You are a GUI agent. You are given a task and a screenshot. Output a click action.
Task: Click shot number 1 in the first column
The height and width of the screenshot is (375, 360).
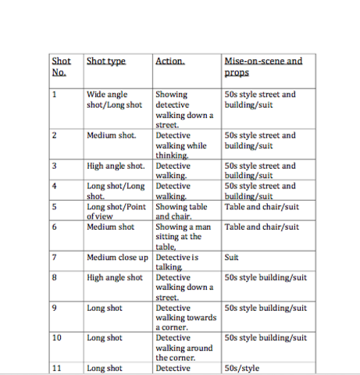pyautogui.click(x=54, y=95)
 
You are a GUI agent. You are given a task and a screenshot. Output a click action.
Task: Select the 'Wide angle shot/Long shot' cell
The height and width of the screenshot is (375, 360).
pyautogui.click(x=114, y=99)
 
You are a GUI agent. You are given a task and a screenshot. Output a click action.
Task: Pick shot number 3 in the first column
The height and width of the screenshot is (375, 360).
pyautogui.click(x=54, y=166)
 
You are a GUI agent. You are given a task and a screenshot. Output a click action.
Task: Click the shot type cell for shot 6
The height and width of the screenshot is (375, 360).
pyautogui.click(x=110, y=227)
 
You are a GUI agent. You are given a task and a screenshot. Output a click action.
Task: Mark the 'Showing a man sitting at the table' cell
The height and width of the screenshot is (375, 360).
pyautogui.click(x=178, y=237)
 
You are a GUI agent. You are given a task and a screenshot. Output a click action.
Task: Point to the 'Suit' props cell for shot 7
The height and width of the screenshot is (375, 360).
pyautogui.click(x=232, y=257)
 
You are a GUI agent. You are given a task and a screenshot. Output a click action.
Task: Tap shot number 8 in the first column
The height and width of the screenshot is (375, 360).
pyautogui.click(x=54, y=277)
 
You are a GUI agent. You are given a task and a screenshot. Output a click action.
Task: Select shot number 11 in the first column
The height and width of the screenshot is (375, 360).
pyautogui.click(x=56, y=368)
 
